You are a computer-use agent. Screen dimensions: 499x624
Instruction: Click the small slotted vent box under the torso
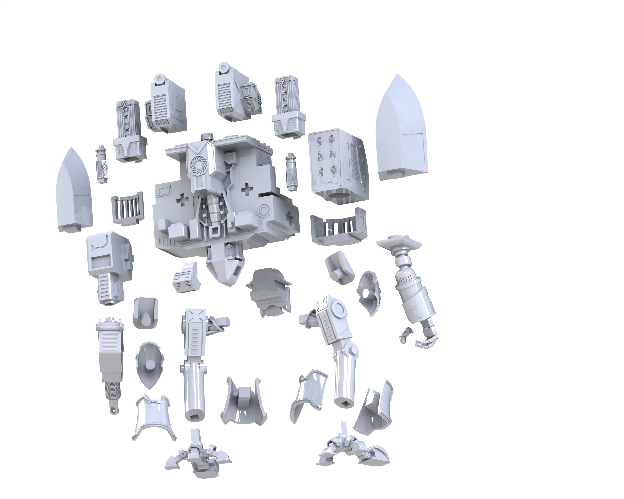click(186, 278)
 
